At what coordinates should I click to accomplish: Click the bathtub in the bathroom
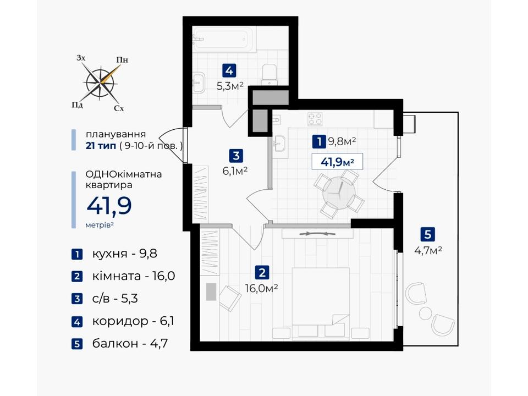[223, 40]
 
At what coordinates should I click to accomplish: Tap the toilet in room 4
[269, 74]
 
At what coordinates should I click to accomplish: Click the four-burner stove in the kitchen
[315, 119]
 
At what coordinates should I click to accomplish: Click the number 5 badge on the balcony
[428, 234]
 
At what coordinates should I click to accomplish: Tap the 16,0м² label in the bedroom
[262, 289]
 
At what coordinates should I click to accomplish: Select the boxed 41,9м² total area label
[337, 162]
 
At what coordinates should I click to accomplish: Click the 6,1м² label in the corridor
[235, 171]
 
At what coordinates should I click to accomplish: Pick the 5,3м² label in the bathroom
[230, 86]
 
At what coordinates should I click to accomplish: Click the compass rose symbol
[100, 83]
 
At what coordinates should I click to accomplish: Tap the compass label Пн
[122, 60]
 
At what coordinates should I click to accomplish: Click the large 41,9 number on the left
[109, 206]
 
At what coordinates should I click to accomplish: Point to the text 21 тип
[101, 146]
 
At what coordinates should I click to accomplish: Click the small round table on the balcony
[425, 313]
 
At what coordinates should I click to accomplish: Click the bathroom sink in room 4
[199, 81]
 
